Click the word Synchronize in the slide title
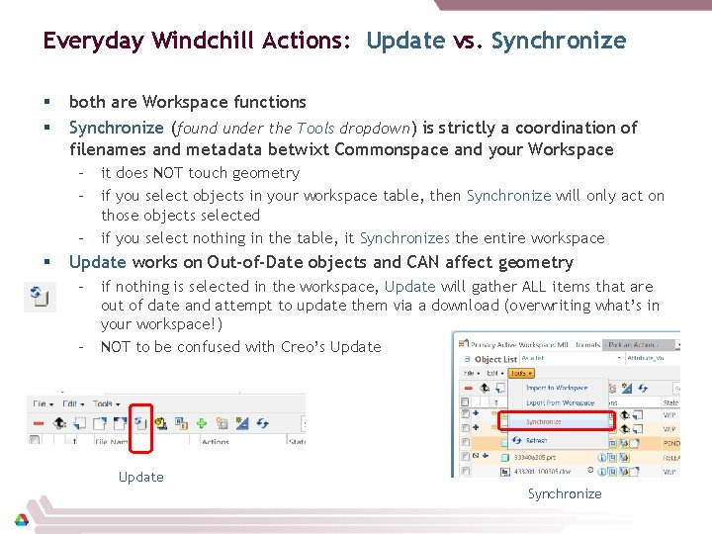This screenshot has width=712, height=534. [x=559, y=41]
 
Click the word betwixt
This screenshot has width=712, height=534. [x=297, y=149]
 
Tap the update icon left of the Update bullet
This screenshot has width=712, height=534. [x=40, y=296]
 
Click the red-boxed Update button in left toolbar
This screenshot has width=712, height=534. [x=141, y=423]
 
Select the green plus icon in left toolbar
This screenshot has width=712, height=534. [x=201, y=423]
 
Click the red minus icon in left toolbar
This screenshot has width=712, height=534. [x=38, y=423]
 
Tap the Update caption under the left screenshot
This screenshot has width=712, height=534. [x=141, y=477]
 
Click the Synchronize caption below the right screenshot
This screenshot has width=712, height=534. [x=564, y=493]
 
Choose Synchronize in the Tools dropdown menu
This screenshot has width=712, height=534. [x=543, y=421]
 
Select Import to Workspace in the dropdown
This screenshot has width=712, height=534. [x=557, y=388]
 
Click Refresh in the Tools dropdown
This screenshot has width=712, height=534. [x=536, y=440]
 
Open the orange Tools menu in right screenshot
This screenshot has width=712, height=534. [x=521, y=374]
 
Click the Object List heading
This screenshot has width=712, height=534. [x=495, y=359]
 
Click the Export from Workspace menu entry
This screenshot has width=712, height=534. [x=560, y=402]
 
